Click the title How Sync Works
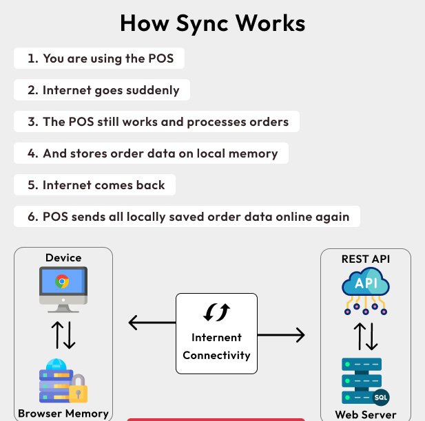click(x=212, y=23)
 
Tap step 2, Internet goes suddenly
click(x=102, y=90)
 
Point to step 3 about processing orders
click(x=157, y=122)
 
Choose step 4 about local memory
click(x=151, y=153)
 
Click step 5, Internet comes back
click(x=95, y=185)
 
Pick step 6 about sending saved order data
click(x=187, y=217)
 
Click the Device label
click(x=63, y=258)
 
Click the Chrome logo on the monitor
click(x=62, y=281)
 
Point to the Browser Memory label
click(x=63, y=413)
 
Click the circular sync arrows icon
click(x=216, y=312)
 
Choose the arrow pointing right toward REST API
click(x=282, y=335)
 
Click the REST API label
click(x=366, y=259)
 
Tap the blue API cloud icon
click(x=366, y=285)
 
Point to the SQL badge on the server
click(x=380, y=398)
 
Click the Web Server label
click(x=366, y=414)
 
